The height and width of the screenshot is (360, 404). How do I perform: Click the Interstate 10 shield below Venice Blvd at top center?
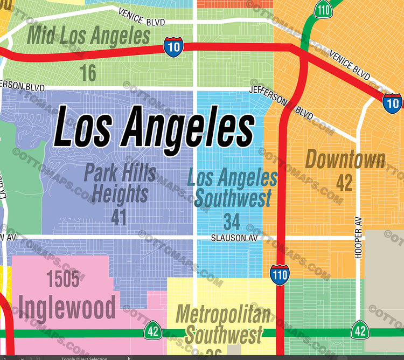(173, 46)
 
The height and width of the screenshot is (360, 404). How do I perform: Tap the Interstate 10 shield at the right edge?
(393, 102)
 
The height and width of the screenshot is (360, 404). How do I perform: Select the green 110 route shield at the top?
(324, 9)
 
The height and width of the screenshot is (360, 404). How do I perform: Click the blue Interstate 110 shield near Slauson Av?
(280, 274)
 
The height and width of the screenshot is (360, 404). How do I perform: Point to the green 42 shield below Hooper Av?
(360, 329)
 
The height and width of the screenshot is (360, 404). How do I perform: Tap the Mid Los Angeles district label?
(88, 36)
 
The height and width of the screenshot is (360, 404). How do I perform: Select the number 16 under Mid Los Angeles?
(88, 73)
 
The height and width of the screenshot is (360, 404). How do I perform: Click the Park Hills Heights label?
(120, 183)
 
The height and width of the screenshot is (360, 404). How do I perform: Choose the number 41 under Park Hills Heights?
(119, 217)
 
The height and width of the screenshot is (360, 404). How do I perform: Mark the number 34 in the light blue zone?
(232, 221)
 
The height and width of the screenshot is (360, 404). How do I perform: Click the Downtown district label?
(345, 160)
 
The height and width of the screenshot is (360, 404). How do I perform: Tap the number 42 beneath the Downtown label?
(344, 183)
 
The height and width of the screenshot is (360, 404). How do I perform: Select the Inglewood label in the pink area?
(66, 307)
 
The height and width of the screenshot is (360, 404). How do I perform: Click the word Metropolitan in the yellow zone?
(223, 314)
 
